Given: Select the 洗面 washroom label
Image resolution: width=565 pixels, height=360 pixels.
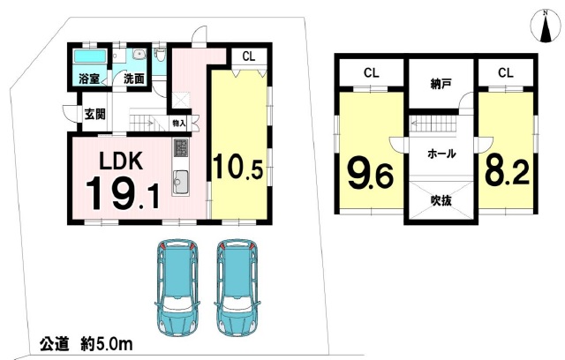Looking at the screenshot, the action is point(134,79).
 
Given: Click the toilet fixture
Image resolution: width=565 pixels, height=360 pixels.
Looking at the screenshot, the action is point(159,56).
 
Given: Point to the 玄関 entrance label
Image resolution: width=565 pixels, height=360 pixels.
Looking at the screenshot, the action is point(95,115).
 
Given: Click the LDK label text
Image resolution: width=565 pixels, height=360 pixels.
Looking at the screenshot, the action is point(121,161).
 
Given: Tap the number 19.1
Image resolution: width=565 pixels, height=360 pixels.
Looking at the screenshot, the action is point(123,193).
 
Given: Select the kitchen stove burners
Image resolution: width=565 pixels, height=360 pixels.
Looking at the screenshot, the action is point(181,148).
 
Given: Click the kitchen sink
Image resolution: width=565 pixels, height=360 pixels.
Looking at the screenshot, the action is point(180,182).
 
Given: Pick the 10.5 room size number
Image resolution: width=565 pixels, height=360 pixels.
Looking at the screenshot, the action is point(237,167).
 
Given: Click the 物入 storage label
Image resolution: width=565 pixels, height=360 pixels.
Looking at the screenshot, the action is point(179,124).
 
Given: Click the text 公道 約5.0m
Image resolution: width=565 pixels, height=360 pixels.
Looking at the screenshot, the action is point(87,344).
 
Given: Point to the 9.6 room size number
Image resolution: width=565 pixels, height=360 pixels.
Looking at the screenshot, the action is point(370,174).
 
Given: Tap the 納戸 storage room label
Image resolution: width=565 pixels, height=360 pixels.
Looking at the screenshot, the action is point(441,84).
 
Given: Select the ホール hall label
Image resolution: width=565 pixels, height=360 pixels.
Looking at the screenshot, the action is point(441,154).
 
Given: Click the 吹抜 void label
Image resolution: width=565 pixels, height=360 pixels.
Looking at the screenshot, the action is point(441,200).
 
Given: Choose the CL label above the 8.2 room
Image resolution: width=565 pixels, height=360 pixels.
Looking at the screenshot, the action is point(506,73).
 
